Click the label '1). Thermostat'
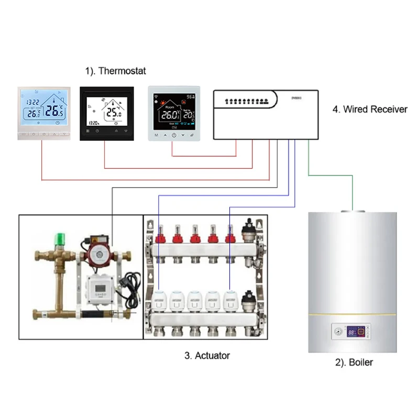pyautogui.click(x=115, y=71)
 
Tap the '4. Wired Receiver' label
pyautogui.click(x=370, y=109)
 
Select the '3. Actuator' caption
pyautogui.click(x=207, y=356)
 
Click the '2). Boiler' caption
pyautogui.click(x=354, y=362)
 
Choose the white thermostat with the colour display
pyautogui.click(x=173, y=114)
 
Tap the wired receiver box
pyautogui.click(x=266, y=114)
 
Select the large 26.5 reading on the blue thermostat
pyautogui.click(x=54, y=111)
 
